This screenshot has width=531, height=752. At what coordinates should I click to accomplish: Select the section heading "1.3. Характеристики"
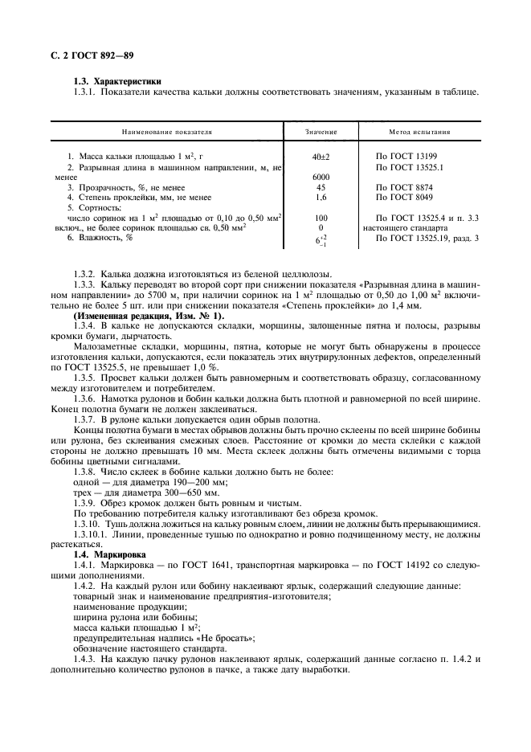pyautogui.click(x=116, y=81)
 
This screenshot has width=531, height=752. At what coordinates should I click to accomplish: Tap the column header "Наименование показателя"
pyautogui.click(x=166, y=132)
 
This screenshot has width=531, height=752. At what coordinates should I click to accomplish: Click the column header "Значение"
pyautogui.click(x=321, y=132)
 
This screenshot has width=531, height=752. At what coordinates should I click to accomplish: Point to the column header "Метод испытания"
pyautogui.click(x=419, y=132)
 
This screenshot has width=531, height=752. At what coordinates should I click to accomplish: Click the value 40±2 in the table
pyautogui.click(x=321, y=155)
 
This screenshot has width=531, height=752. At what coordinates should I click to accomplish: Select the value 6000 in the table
pyautogui.click(x=321, y=177)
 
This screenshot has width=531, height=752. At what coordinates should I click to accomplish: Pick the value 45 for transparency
pyautogui.click(x=321, y=187)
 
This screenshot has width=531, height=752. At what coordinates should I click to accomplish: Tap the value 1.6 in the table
pyautogui.click(x=321, y=197)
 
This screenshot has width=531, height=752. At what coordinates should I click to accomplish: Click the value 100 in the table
pyautogui.click(x=321, y=218)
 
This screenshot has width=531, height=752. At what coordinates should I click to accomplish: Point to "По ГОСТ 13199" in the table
pyautogui.click(x=406, y=155)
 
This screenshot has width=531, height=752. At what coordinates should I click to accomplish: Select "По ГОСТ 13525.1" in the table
pyautogui.click(x=409, y=166)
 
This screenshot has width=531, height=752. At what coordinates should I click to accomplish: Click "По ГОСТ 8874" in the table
pyautogui.click(x=403, y=187)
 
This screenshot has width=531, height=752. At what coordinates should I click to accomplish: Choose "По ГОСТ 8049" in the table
pyautogui.click(x=403, y=197)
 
